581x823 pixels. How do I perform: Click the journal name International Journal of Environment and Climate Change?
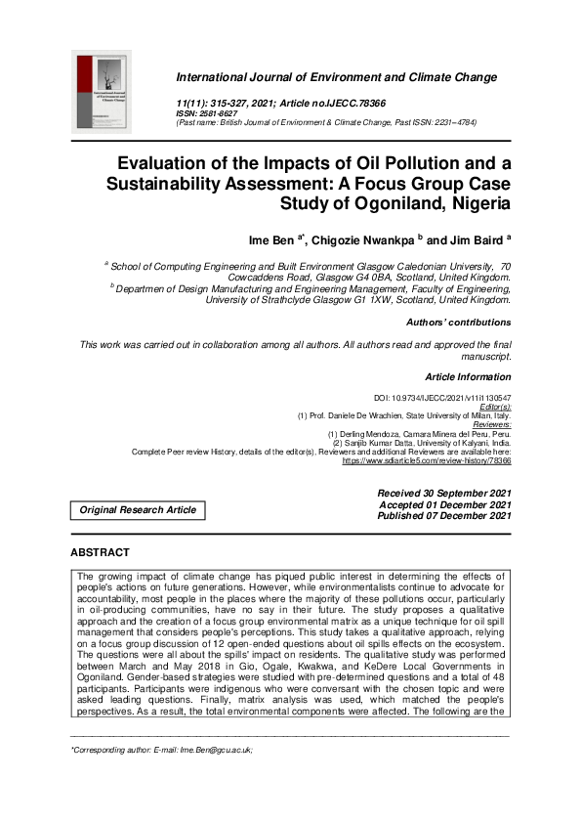coord(336,77)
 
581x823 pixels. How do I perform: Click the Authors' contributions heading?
coord(458,322)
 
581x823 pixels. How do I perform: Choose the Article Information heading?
coord(468,376)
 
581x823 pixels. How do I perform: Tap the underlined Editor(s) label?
coord(493,407)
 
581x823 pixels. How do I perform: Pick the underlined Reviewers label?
coord(487,424)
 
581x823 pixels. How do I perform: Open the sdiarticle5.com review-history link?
coord(426,459)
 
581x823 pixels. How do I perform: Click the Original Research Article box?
coord(138,509)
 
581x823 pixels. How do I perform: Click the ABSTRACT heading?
coord(100,552)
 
